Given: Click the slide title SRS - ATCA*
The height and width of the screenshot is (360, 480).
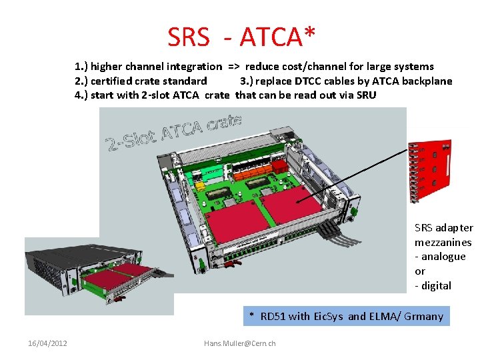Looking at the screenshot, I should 241,37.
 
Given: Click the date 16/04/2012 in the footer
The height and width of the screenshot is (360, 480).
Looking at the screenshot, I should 47,343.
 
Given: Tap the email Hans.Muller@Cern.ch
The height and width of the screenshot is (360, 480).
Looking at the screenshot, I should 239,343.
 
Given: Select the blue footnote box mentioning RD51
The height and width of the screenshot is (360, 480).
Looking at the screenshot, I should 346,316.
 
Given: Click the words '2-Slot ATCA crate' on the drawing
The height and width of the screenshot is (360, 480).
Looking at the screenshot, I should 174,131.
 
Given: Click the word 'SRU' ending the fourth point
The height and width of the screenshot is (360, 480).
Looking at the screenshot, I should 365,95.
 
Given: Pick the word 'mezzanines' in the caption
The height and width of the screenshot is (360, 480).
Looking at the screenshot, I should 443,243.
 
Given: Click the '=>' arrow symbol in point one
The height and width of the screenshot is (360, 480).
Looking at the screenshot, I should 234,67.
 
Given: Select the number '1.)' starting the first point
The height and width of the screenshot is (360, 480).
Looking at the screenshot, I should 81,67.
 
